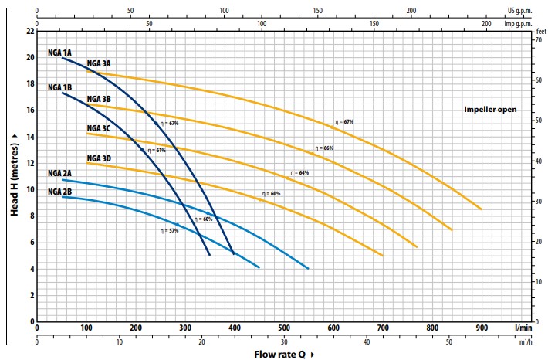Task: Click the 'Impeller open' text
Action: (x=490, y=110)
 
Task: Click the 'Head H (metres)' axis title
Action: (x=15, y=173)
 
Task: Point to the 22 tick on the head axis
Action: (x=30, y=31)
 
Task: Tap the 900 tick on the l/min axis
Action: (x=482, y=328)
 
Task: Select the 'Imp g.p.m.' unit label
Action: (x=519, y=23)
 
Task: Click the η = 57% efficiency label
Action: (x=169, y=230)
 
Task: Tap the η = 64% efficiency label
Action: (x=299, y=172)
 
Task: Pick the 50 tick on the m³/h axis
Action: (x=449, y=341)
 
